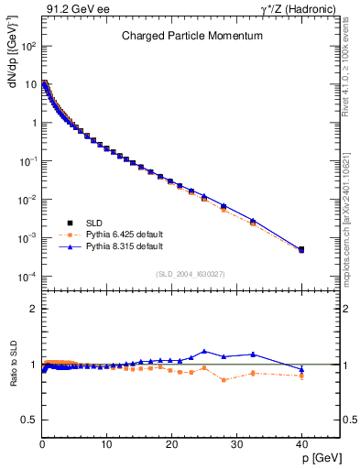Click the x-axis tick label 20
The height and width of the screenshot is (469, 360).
(171, 444)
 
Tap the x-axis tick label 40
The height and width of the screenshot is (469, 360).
(300, 444)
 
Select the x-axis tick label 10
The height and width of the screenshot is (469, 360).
(106, 444)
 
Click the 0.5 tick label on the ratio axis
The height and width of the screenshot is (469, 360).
(29, 420)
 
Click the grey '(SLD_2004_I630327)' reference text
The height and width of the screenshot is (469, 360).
(191, 273)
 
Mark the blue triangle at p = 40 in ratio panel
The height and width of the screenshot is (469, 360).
(301, 369)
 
